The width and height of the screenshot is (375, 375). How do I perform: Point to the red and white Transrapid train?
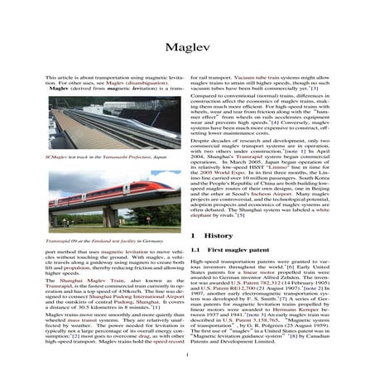point(99,200)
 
